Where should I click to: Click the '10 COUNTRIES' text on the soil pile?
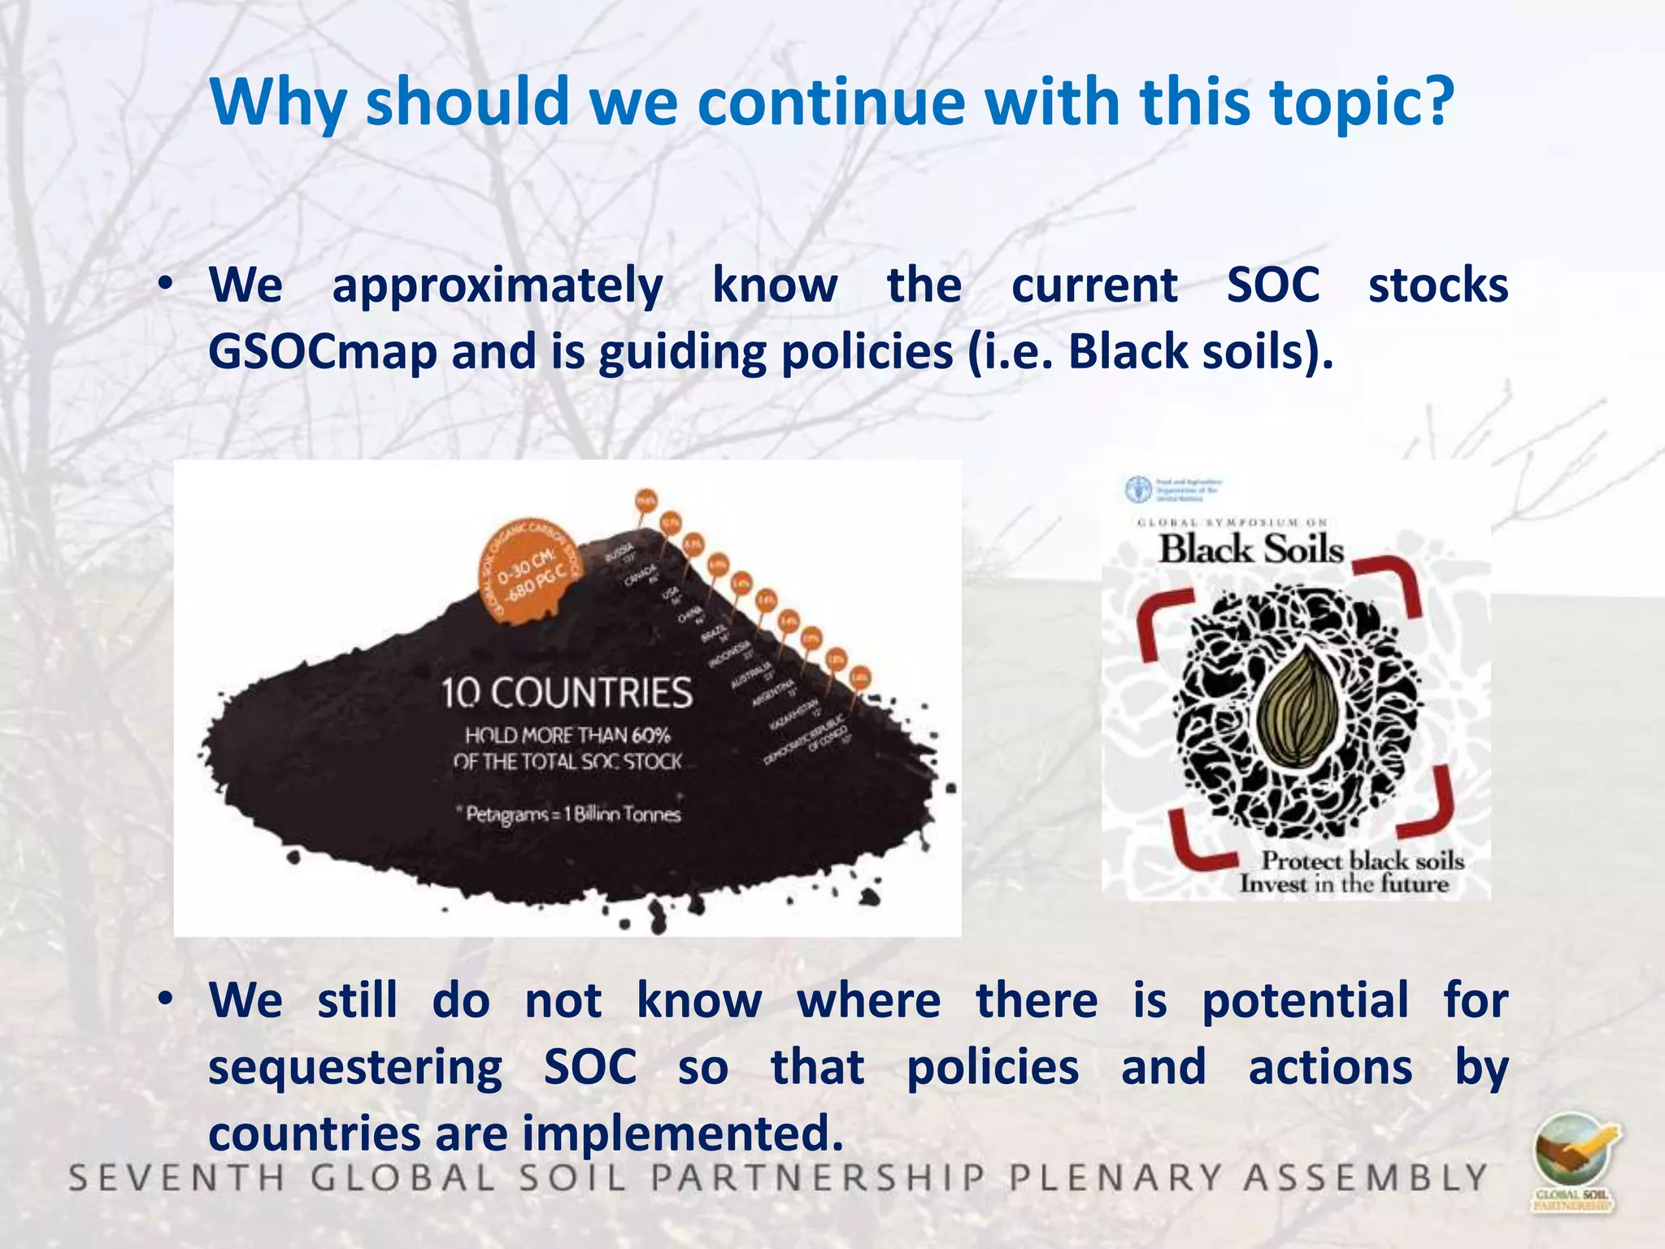pyautogui.click(x=567, y=694)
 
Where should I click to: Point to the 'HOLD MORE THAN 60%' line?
pyautogui.click(x=567, y=736)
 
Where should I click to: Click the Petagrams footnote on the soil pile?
pyautogui.click(x=572, y=814)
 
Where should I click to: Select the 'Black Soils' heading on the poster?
pyautogui.click(x=1250, y=549)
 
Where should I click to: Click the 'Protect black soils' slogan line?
pyautogui.click(x=1362, y=860)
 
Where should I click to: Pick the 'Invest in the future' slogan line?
pyautogui.click(x=1344, y=884)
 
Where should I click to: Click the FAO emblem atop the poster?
pyautogui.click(x=1138, y=490)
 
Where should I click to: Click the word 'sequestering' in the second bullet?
pyautogui.click(x=355, y=1068)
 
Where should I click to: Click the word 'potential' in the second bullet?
pyautogui.click(x=1305, y=1001)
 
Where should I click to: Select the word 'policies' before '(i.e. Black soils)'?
pyautogui.click(x=867, y=353)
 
